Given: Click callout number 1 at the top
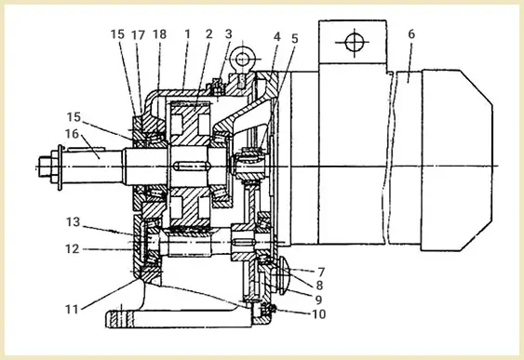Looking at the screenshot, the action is (187, 34).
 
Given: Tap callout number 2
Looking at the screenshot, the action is (209, 34).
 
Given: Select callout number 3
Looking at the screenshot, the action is (229, 34).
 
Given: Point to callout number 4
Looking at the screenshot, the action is (277, 36).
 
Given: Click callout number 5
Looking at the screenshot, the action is (294, 39).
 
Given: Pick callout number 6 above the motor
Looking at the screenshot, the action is (411, 34).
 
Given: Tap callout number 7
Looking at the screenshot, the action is (321, 273).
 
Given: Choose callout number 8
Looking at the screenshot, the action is (319, 286).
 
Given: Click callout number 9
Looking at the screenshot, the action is (319, 300).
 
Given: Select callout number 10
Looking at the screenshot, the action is (318, 313).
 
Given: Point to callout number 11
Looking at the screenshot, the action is (72, 309).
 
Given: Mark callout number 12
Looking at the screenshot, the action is (73, 249).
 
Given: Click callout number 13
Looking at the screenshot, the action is (73, 222).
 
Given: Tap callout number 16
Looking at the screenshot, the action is (73, 134).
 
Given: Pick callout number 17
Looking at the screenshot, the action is (138, 34).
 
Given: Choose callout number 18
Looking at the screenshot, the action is (159, 34).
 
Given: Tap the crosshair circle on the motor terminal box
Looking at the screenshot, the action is (354, 43).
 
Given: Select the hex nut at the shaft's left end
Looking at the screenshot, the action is (48, 167).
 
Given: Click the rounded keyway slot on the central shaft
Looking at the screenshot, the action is (192, 166).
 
